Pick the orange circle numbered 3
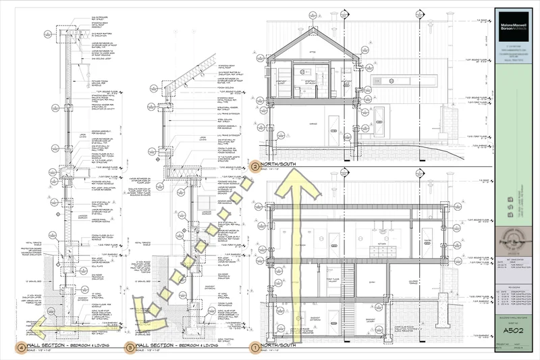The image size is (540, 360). point(130,348)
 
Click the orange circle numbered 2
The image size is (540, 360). point(254,165)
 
